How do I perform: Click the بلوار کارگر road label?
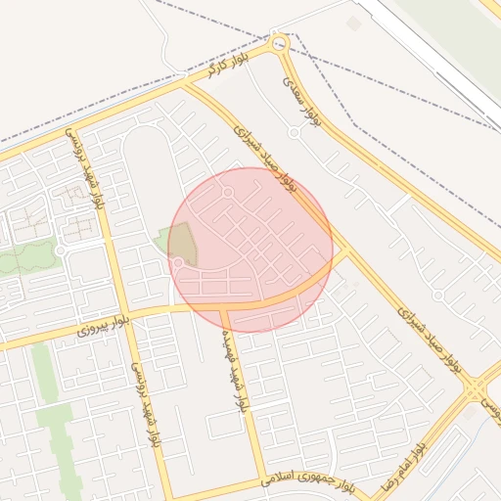click(x=224, y=68)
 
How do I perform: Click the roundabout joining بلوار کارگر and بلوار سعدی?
click(x=280, y=43)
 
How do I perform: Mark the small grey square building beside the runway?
click(x=354, y=22)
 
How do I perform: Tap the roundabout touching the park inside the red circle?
click(x=178, y=262)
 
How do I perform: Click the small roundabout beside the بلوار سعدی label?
click(x=294, y=132)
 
